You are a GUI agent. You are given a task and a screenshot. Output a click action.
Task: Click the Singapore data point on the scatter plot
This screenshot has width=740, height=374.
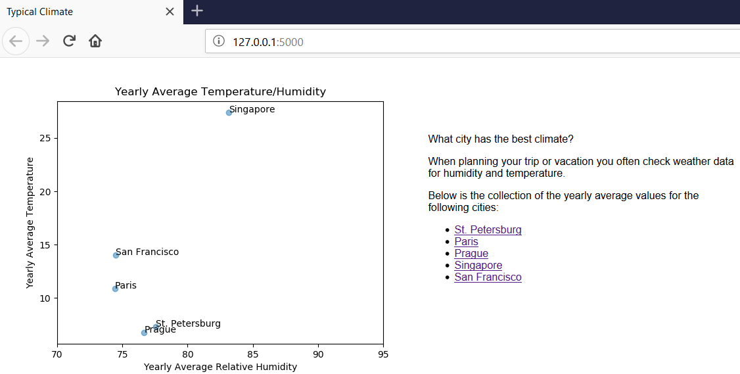(229, 112)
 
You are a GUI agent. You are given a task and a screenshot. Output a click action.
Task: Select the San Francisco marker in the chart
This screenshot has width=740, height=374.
(116, 255)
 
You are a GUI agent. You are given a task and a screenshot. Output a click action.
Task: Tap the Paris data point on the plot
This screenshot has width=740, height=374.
(115, 289)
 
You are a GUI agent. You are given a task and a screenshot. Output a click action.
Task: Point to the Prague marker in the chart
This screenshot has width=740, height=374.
(144, 333)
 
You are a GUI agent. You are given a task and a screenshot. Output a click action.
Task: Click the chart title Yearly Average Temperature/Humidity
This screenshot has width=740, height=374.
(220, 92)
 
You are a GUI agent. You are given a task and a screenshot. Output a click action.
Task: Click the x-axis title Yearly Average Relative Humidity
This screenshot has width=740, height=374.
(220, 367)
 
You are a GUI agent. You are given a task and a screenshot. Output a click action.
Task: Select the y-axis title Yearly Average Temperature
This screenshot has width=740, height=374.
(30, 222)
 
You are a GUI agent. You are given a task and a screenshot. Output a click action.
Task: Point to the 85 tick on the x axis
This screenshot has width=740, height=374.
(253, 355)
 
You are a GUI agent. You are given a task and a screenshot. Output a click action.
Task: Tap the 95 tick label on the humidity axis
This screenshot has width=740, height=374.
(383, 355)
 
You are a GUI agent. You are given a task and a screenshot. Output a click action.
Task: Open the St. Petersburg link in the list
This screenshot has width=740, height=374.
(488, 230)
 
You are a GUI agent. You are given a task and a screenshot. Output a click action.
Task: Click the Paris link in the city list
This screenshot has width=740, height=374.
(466, 242)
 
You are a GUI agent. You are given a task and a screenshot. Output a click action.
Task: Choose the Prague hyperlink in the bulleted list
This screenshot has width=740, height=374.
(471, 254)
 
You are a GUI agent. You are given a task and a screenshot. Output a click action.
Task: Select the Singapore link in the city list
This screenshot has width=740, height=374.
(478, 266)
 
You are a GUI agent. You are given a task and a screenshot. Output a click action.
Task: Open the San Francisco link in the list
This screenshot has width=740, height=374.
(488, 277)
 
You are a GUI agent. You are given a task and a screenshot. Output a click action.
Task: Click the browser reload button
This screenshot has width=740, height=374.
(69, 41)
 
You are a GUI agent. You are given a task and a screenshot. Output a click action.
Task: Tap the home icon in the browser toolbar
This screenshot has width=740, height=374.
(95, 41)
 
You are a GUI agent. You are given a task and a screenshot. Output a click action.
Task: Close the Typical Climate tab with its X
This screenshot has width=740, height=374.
(170, 12)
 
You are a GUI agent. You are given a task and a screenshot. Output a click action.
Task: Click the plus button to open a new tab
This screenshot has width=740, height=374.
(197, 11)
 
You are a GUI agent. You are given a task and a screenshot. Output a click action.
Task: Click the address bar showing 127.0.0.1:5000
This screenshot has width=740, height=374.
(460, 42)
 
